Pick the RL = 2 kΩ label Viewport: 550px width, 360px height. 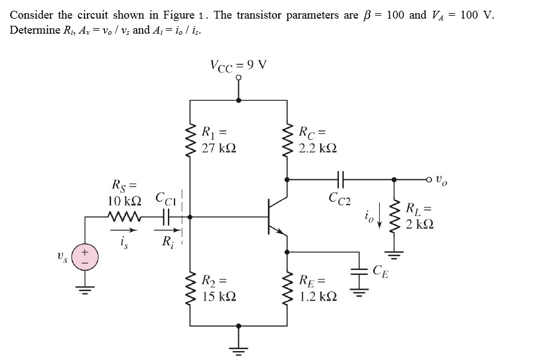(419, 217)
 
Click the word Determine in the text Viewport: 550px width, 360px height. (32, 29)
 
